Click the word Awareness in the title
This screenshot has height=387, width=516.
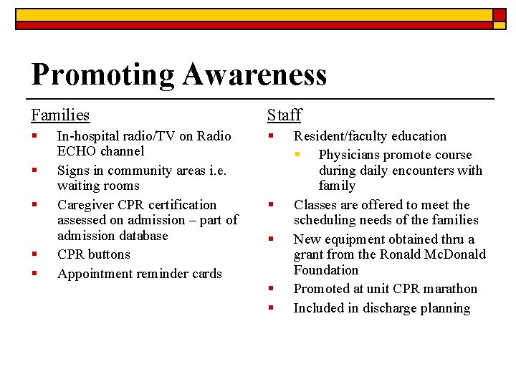pos(254,74)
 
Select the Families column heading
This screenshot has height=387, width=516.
pos(60,115)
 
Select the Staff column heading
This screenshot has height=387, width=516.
pos(284,115)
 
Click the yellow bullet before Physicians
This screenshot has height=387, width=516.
pos(304,155)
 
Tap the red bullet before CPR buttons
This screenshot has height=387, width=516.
pos(34,254)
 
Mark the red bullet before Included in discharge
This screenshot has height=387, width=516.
pos(271,308)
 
